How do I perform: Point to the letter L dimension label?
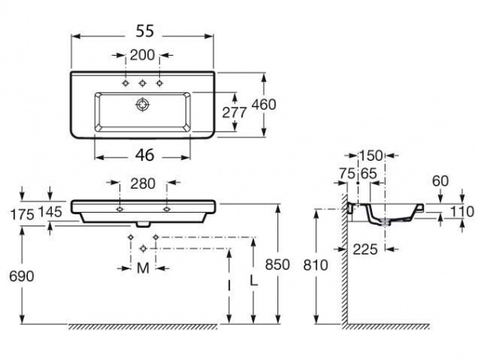click(253, 281)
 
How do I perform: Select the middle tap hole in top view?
click(143, 83)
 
